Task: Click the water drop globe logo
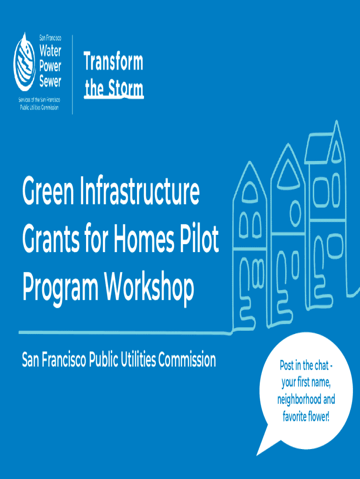[25, 63]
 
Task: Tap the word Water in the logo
[50, 51]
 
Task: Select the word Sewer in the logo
[50, 81]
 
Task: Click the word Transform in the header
[113, 61]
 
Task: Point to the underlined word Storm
[126, 88]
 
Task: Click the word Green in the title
[48, 191]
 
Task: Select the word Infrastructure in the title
[140, 191]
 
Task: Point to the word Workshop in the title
[149, 287]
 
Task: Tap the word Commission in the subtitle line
[187, 360]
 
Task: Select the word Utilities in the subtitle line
[138, 360]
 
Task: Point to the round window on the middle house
[295, 213]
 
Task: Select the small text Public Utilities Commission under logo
[39, 108]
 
